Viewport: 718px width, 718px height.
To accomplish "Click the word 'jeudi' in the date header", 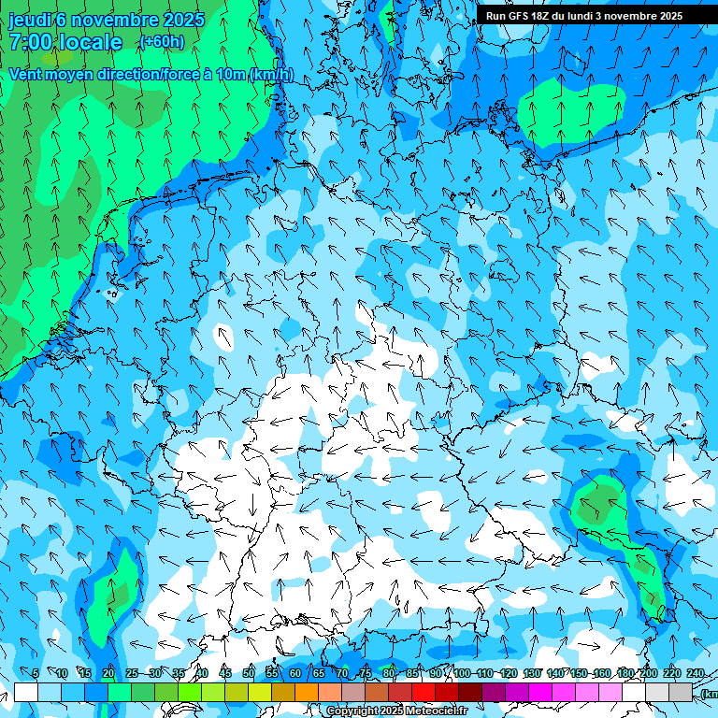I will click(x=29, y=20).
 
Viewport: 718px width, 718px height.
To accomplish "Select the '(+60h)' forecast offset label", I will click(x=162, y=42).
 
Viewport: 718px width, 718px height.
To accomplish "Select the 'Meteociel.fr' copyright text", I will click(x=430, y=711).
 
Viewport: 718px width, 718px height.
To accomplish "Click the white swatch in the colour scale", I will click(x=26, y=692).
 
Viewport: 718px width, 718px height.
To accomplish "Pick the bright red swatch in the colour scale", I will click(x=424, y=692).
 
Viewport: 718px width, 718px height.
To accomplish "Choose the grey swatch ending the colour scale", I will click(x=681, y=692).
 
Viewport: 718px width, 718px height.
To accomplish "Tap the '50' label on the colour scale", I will click(x=249, y=673).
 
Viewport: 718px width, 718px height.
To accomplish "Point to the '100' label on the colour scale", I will click(x=462, y=673).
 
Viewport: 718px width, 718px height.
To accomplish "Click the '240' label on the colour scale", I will click(x=696, y=673).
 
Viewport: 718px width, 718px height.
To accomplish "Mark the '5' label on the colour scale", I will click(x=36, y=673).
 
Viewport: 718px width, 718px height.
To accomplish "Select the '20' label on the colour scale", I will click(x=108, y=673).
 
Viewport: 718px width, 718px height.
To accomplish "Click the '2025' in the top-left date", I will click(x=183, y=20).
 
